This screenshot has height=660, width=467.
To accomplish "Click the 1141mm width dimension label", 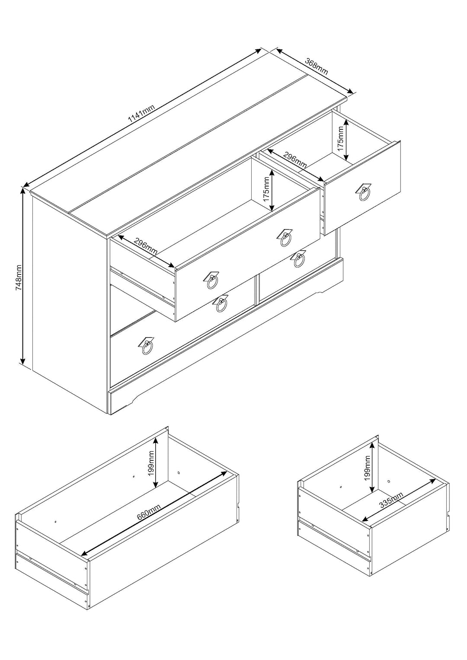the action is (141, 114).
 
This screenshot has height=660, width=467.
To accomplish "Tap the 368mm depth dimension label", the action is (317, 67).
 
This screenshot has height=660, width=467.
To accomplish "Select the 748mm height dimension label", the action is (19, 277).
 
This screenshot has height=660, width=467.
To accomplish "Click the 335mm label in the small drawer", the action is (391, 500).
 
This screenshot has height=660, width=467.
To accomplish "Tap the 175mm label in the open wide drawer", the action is (266, 189).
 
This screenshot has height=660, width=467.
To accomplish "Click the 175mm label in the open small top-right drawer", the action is (341, 138).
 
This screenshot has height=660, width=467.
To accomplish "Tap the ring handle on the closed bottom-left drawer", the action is (146, 347).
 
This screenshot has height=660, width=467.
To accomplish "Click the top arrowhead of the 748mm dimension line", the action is (22, 191).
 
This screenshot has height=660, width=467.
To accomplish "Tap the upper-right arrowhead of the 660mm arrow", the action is (224, 473).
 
